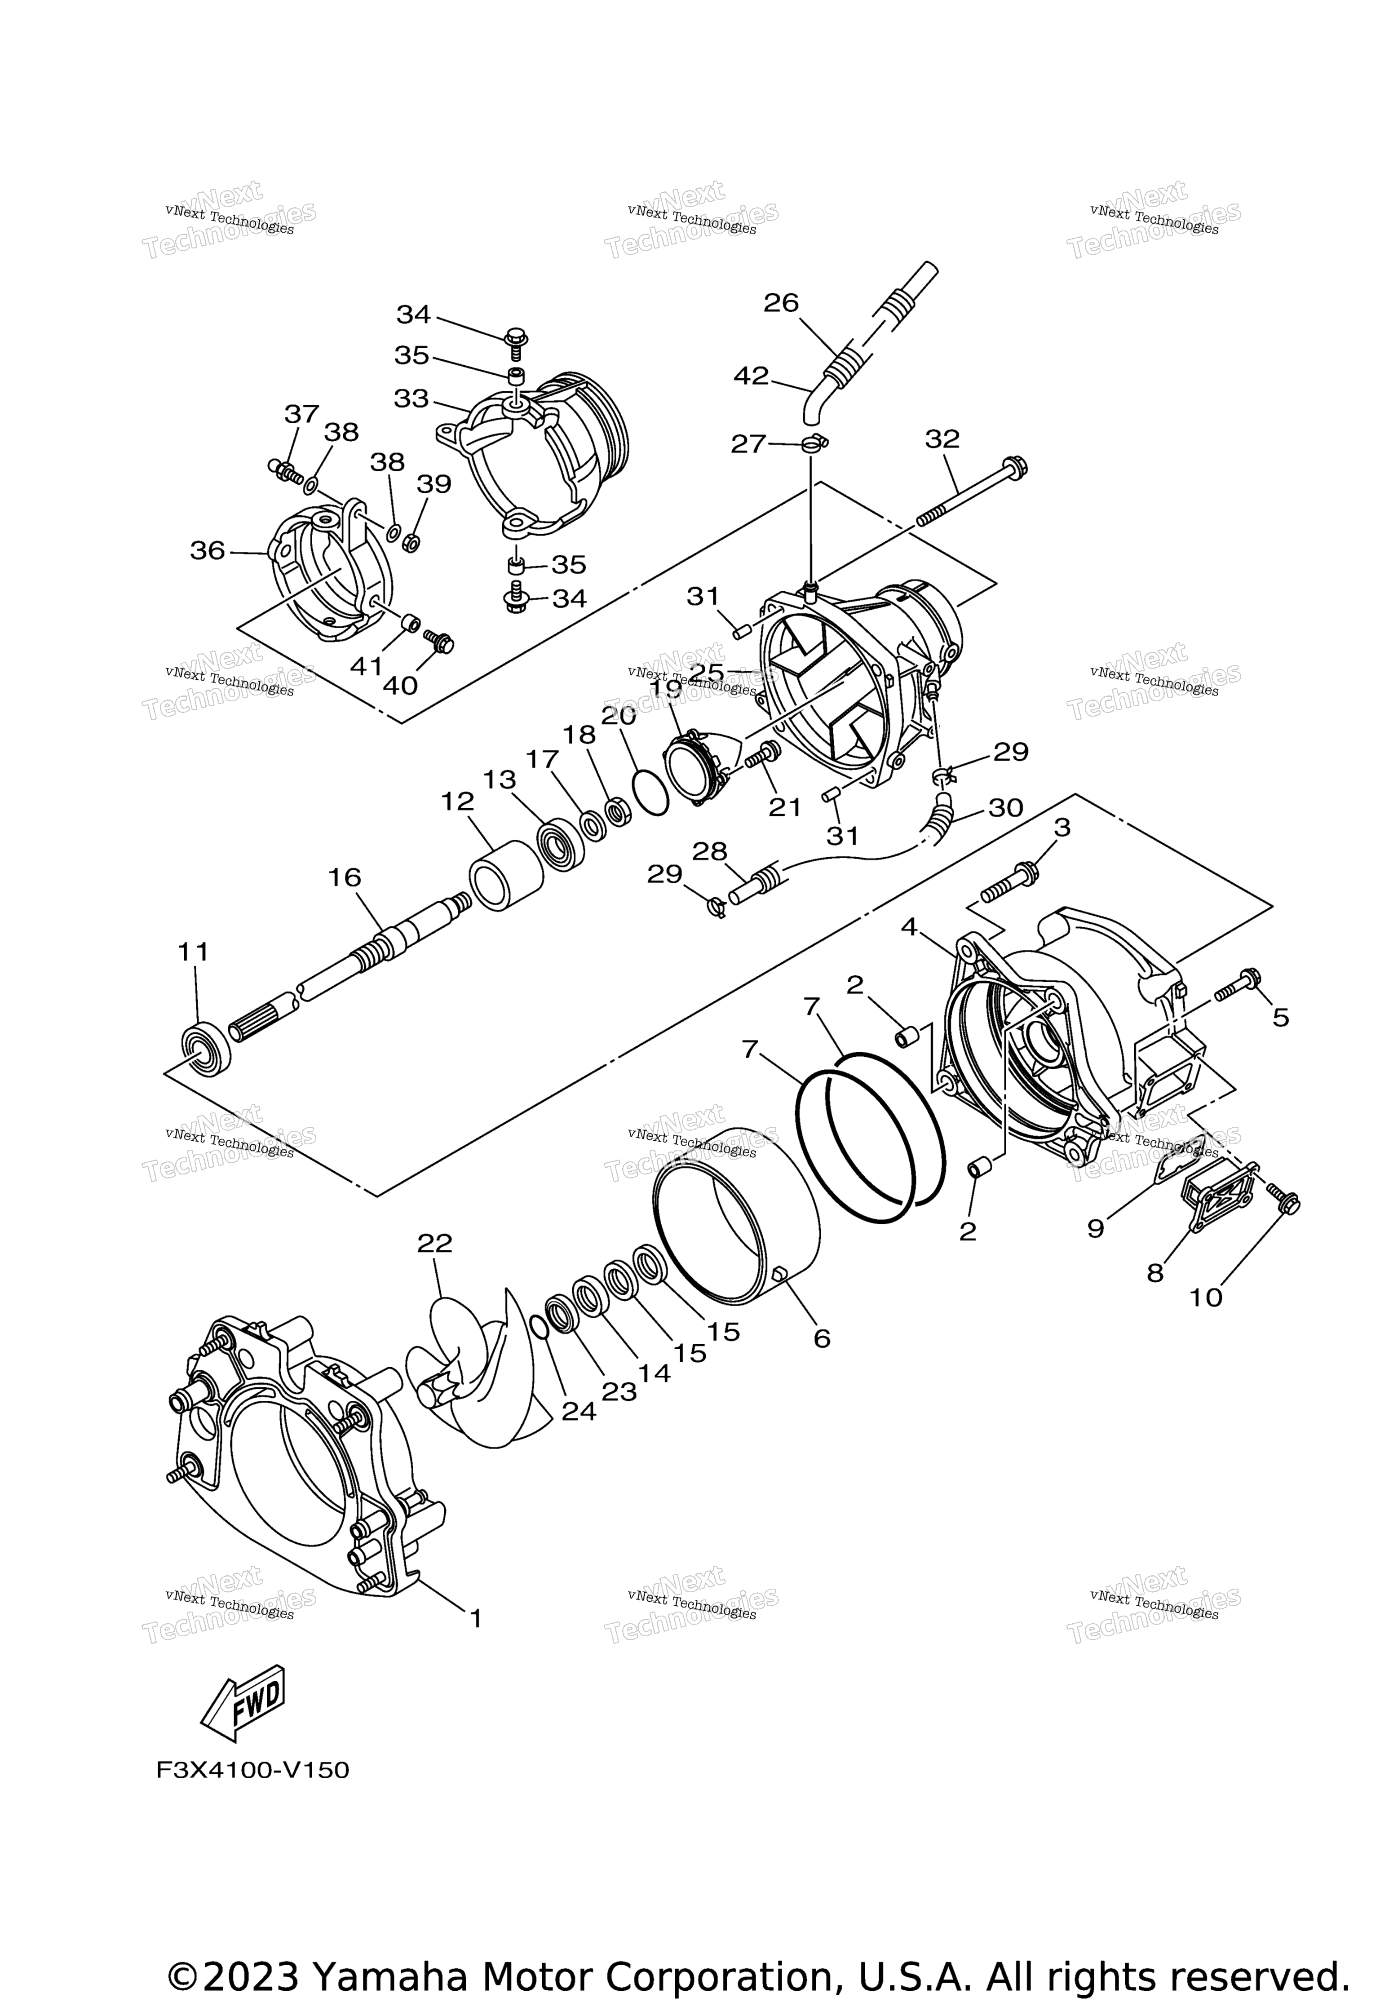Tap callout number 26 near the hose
[781, 303]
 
